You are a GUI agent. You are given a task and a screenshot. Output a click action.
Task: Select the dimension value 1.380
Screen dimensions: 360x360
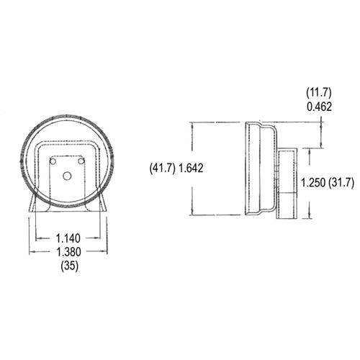tap(68, 252)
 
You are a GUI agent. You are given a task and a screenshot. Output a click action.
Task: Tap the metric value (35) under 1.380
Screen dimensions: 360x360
tap(68, 266)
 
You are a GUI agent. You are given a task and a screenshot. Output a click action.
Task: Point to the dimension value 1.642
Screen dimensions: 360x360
tap(190, 168)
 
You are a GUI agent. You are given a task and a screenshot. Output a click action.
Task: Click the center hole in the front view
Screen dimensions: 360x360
tap(67, 175)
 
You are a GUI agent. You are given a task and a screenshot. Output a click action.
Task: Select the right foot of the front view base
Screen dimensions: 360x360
tap(102, 204)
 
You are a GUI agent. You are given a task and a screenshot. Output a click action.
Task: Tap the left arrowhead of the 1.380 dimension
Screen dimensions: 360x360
tap(31, 252)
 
